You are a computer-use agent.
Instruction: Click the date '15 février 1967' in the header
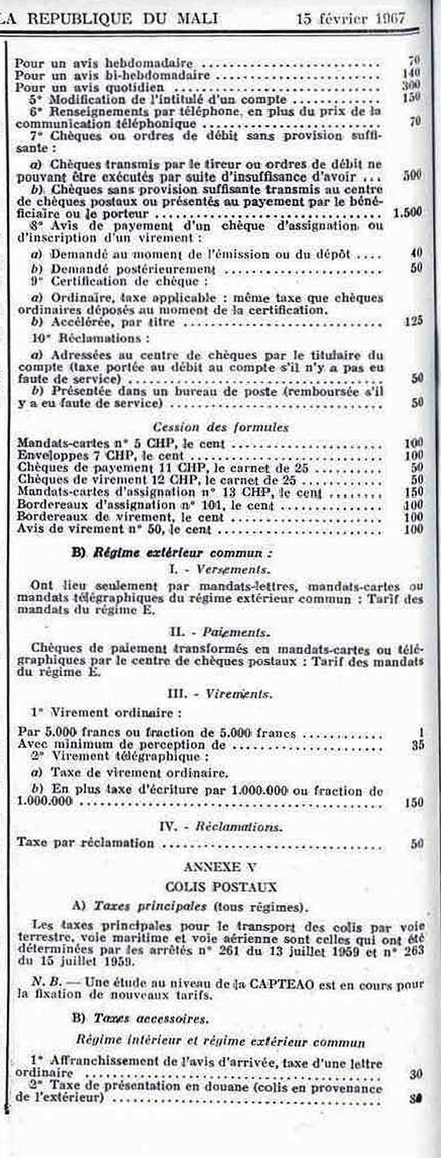351,18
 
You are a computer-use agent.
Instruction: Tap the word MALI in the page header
193,18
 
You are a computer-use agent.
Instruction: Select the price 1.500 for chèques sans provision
407,212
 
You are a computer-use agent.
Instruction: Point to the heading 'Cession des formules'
220,427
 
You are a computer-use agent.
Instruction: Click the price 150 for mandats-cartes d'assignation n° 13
413,493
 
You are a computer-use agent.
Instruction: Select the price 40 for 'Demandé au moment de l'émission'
417,253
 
